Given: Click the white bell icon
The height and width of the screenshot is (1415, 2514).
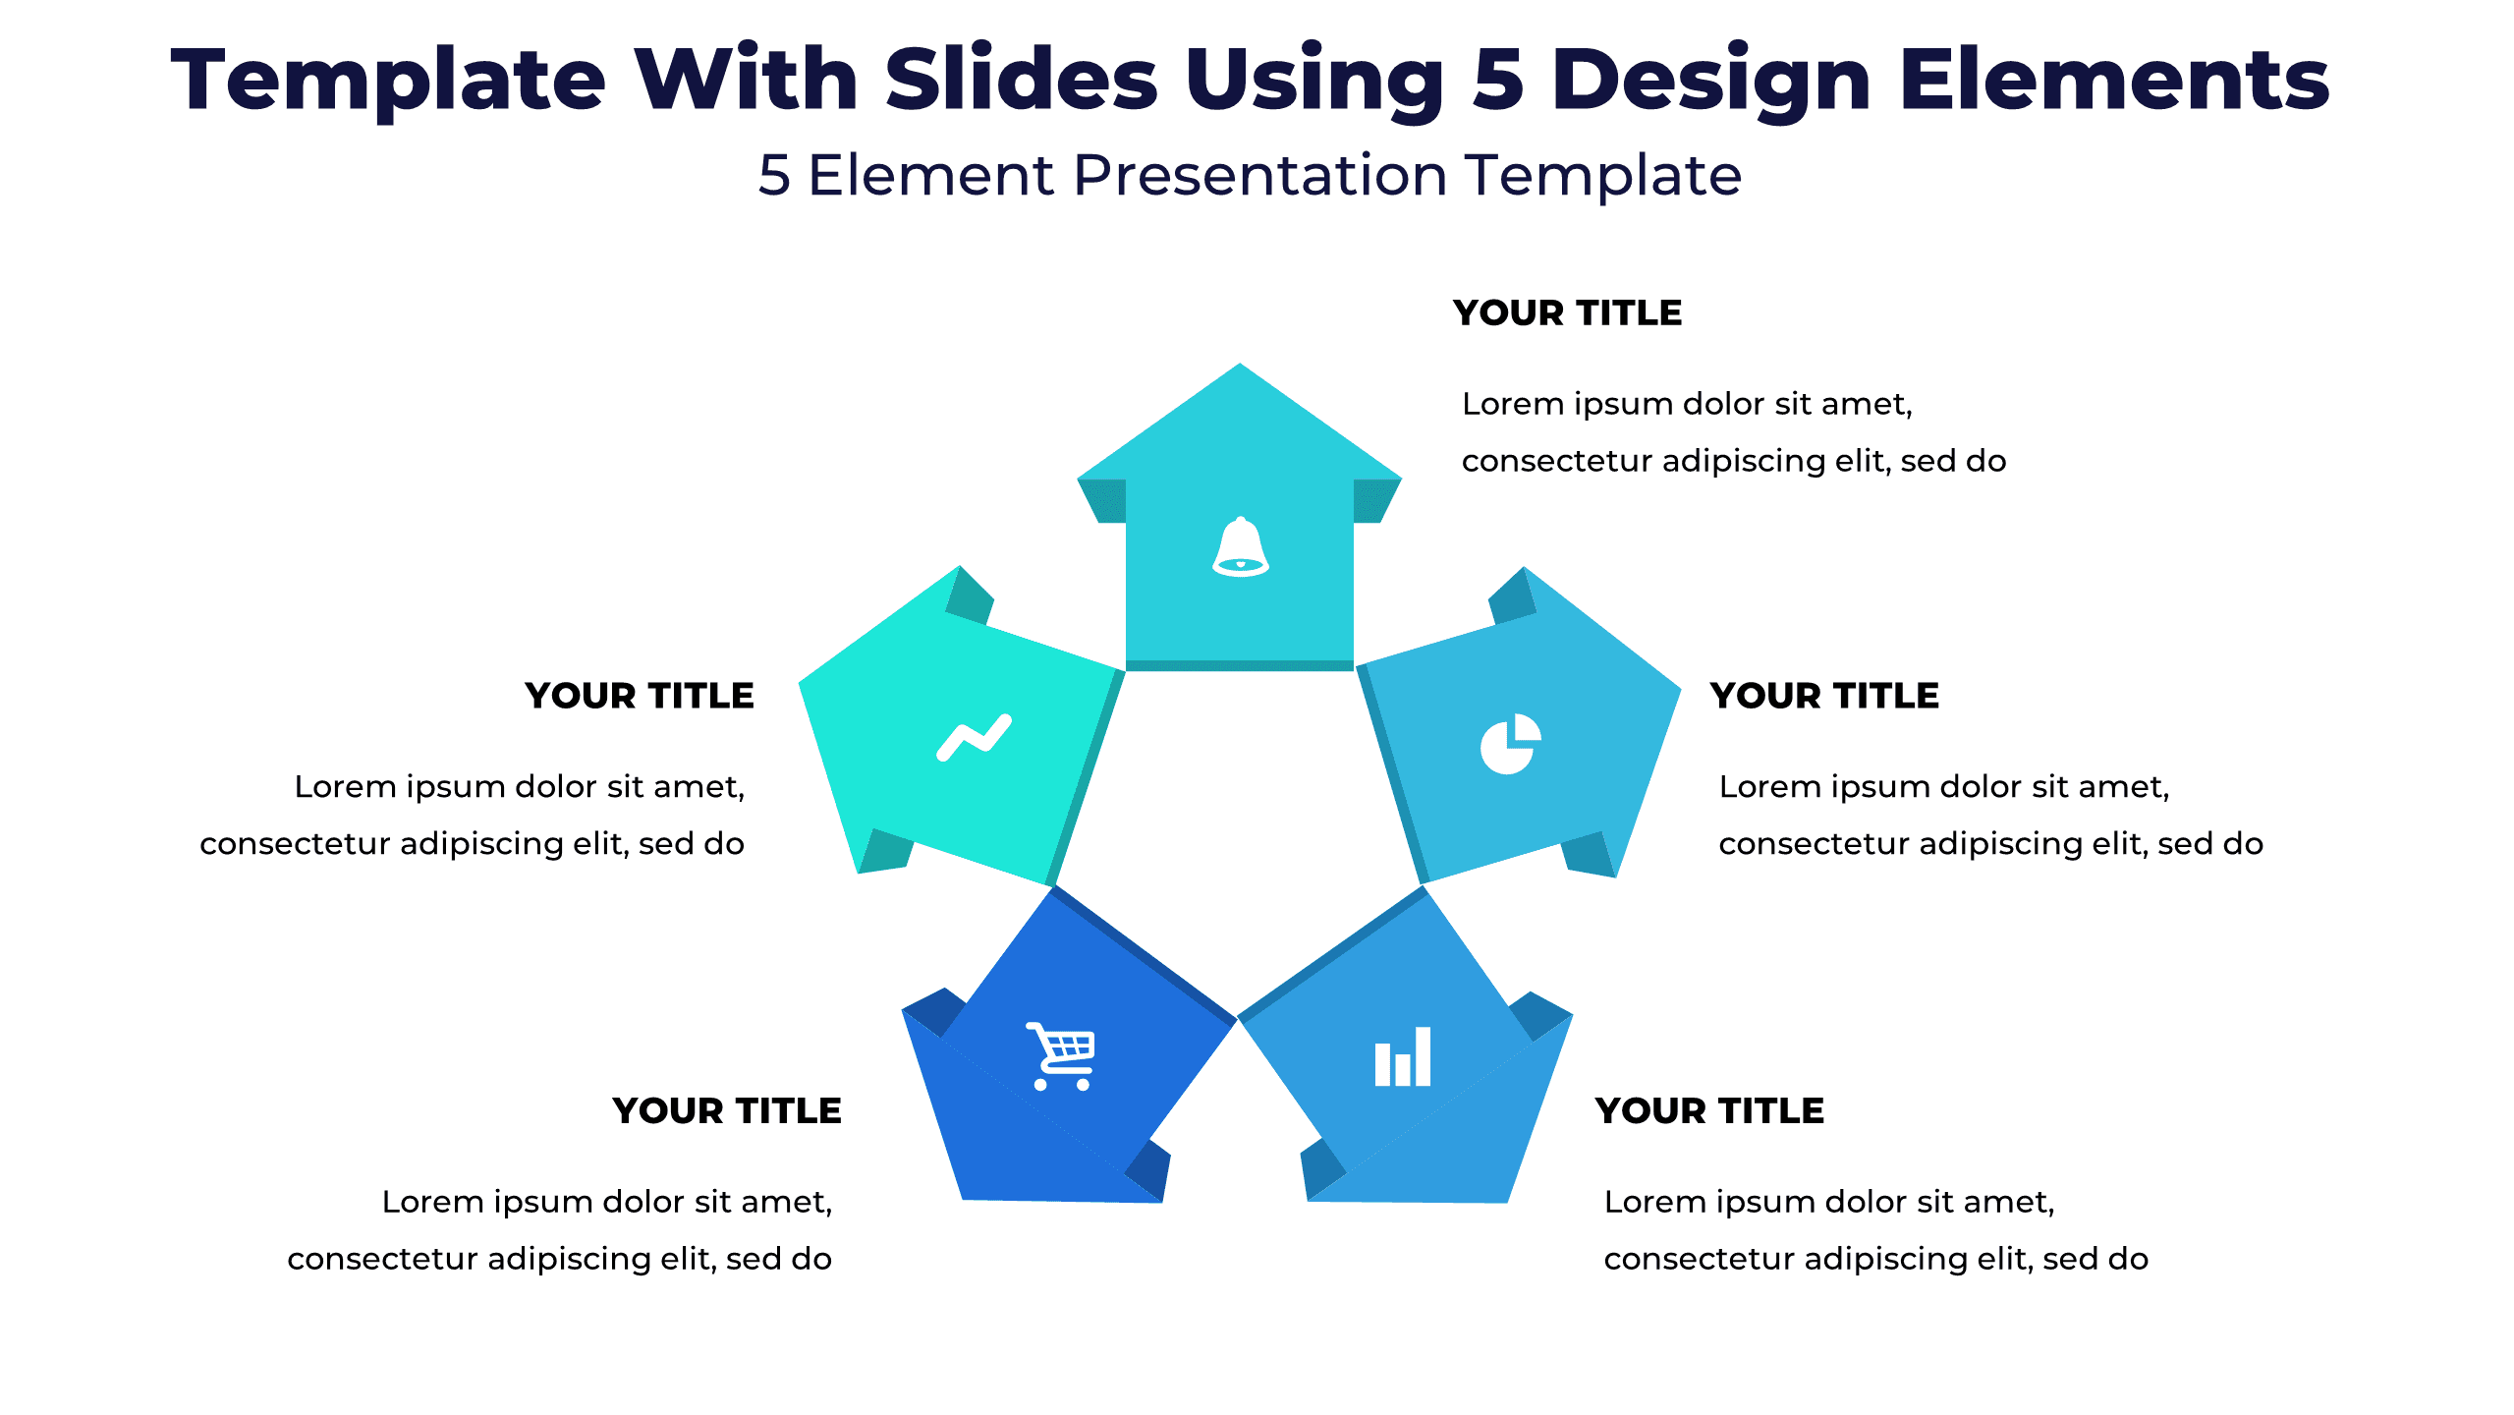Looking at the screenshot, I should coord(1240,547).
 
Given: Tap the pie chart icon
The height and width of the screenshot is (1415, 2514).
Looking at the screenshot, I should coord(1510,744).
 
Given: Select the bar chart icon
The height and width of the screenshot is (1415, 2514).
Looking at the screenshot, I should coord(1402,1057).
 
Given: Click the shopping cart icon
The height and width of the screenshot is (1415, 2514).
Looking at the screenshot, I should coord(1061,1056).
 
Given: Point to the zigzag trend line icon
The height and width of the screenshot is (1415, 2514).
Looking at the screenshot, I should coord(973,737).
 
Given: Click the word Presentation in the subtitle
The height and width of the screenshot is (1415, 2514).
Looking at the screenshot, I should coord(1259,176).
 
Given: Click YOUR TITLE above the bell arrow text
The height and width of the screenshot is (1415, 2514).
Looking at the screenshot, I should coord(1567,312).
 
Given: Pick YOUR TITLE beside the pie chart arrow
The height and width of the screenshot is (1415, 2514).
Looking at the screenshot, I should coord(1824,696).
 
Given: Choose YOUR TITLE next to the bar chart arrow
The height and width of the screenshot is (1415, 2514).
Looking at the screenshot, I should coord(1709,1110).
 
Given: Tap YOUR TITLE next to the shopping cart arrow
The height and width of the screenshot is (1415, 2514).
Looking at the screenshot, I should coord(727,1110).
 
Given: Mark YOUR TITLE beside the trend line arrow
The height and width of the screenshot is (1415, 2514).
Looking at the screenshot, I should coord(640,696).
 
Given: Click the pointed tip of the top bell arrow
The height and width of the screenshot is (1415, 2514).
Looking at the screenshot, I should coord(1240,368).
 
